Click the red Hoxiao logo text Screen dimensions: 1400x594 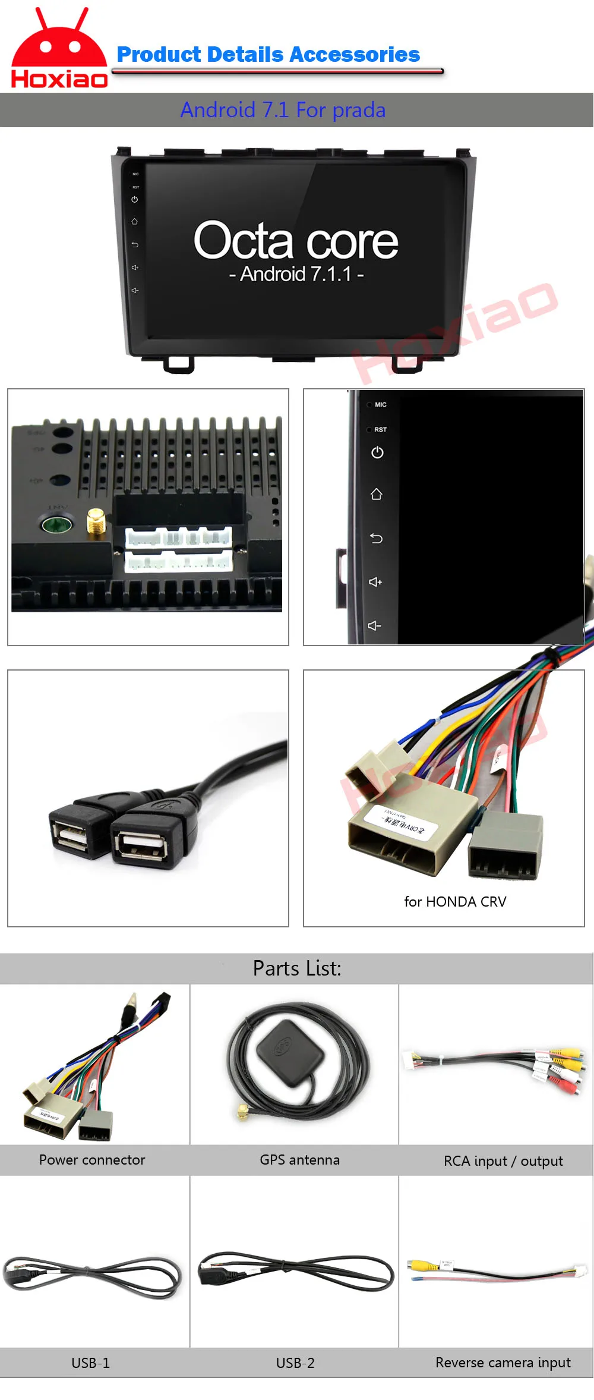(x=59, y=78)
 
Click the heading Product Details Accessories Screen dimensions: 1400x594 (x=268, y=55)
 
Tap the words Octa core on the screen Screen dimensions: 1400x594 (x=296, y=240)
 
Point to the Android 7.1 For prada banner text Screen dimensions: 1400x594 (x=283, y=110)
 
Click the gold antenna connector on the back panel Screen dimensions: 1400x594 (x=96, y=521)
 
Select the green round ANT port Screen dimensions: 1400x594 (x=56, y=524)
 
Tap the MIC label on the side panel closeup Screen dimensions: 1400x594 (x=380, y=405)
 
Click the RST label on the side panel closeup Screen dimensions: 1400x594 (x=380, y=429)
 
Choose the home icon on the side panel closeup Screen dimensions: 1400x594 (x=376, y=494)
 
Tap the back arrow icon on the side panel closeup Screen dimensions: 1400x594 (x=376, y=539)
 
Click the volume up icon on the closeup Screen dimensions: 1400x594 (x=375, y=582)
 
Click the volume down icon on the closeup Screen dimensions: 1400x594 (x=374, y=625)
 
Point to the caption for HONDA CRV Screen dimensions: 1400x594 (x=455, y=902)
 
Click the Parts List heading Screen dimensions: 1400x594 (x=297, y=968)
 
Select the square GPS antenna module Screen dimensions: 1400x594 (x=290, y=1053)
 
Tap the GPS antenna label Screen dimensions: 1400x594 (x=299, y=1160)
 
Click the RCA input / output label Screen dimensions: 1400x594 (x=503, y=1161)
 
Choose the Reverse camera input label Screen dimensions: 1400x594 (x=503, y=1363)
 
